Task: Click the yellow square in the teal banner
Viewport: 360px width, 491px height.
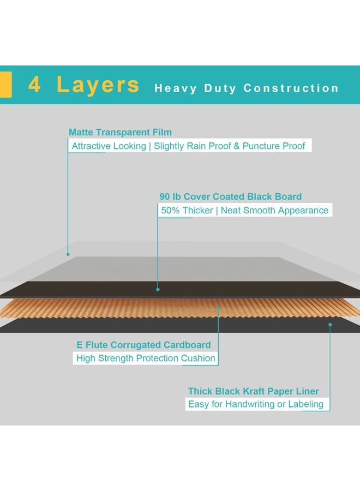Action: click(x=5, y=85)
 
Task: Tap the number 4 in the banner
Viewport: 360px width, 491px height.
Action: click(x=34, y=85)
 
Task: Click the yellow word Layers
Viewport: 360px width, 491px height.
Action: click(x=98, y=85)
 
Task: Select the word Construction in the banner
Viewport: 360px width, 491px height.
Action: click(x=291, y=88)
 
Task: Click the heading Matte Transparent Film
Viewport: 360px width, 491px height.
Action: click(x=120, y=132)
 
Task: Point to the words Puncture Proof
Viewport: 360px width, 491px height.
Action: click(x=274, y=146)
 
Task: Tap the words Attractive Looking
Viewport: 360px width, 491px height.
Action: click(x=109, y=146)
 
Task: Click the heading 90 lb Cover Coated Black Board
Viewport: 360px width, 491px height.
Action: click(x=230, y=196)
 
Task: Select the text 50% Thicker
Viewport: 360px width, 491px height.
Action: click(x=187, y=211)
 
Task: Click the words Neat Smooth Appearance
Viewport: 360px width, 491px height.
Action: click(x=274, y=211)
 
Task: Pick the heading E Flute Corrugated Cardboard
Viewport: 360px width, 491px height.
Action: click(x=143, y=345)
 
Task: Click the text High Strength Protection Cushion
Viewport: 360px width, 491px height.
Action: click(x=146, y=358)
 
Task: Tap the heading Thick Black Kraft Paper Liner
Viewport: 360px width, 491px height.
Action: click(x=253, y=391)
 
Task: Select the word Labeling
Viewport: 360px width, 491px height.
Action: click(x=305, y=404)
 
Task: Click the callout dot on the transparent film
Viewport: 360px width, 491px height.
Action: click(x=68, y=254)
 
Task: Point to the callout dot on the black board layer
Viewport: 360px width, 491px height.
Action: click(x=158, y=289)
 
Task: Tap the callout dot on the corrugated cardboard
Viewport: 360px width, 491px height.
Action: click(x=219, y=308)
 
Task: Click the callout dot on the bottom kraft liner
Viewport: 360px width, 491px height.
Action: click(x=330, y=325)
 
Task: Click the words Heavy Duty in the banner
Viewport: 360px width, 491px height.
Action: click(x=195, y=88)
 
